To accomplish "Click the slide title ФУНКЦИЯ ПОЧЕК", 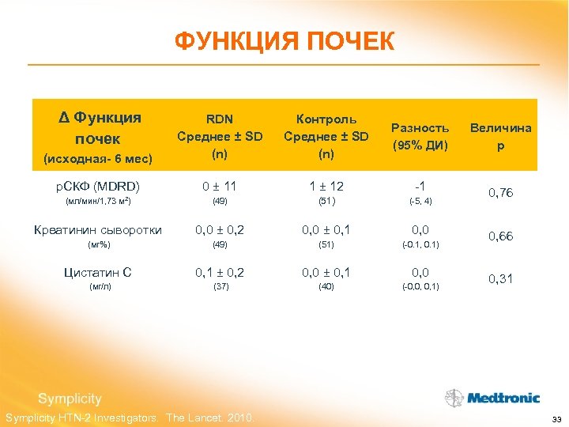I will tap(284, 41).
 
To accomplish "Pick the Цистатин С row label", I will tap(98, 273).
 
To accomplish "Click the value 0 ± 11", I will tap(220, 187).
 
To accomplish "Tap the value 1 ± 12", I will tap(326, 187).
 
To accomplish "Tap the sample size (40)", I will tap(326, 286).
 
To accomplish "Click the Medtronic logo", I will tap(492, 398).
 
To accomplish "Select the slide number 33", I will tap(556, 418).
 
